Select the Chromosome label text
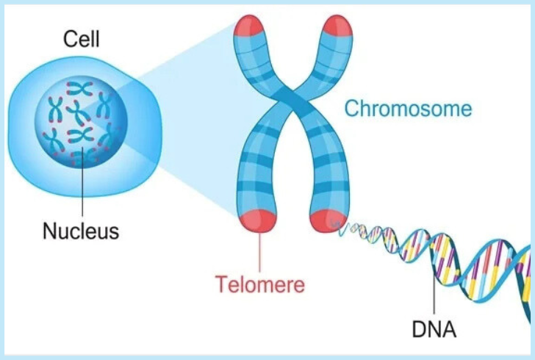408,109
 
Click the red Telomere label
259,284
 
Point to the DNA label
435,328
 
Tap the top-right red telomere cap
340,26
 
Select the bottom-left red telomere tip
259,220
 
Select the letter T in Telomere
220,284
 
